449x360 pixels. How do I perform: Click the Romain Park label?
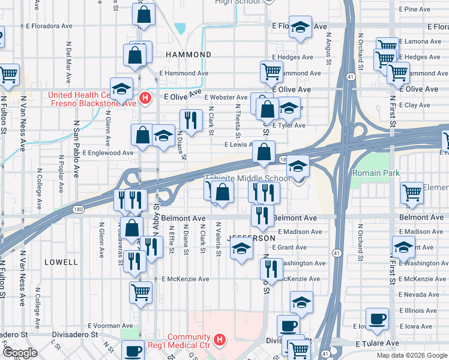tap(376, 173)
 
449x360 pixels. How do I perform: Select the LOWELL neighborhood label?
tap(61, 262)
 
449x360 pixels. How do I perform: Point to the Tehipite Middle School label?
tap(247, 179)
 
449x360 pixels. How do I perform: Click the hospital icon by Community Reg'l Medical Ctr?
tap(220, 340)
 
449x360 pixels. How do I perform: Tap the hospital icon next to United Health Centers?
tap(145, 98)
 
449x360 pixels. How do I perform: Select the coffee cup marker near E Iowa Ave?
tap(377, 319)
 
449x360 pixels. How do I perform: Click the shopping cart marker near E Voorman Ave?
tap(141, 293)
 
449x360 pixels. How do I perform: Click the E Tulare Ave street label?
tap(377, 343)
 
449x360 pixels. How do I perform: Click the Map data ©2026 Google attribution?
tap(412, 355)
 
